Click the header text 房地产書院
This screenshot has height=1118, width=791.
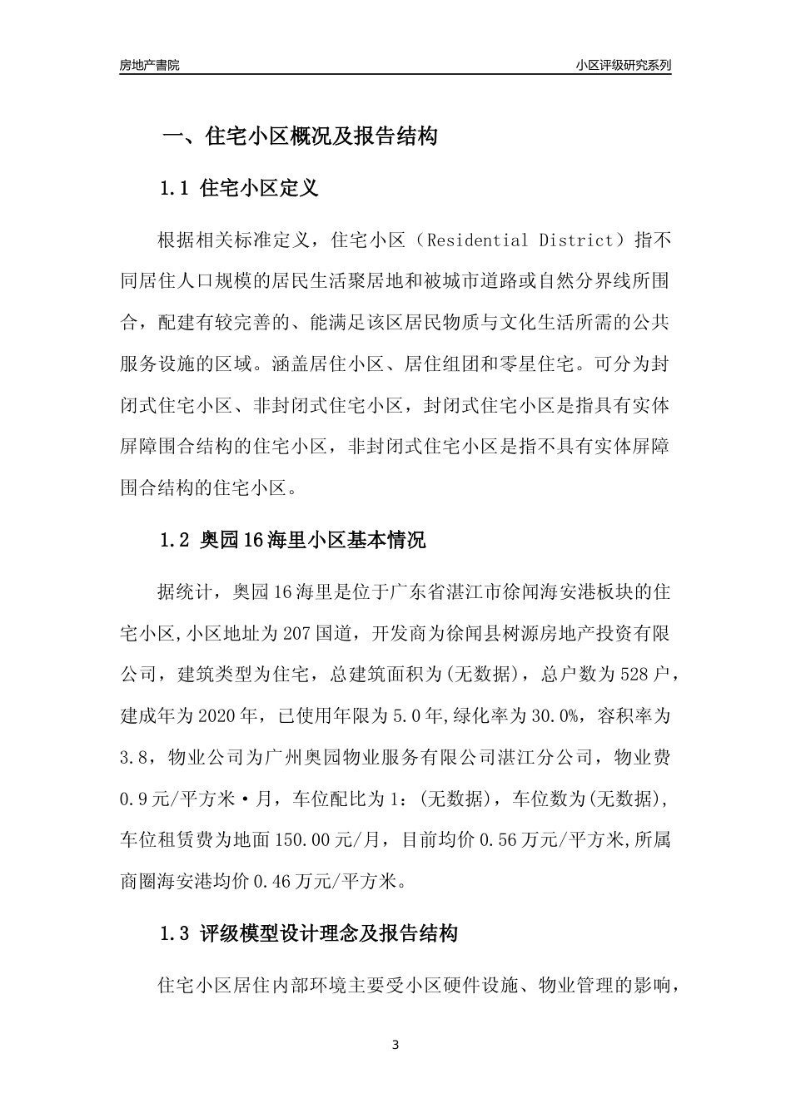(x=149, y=65)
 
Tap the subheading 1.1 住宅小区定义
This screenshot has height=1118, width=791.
(x=239, y=188)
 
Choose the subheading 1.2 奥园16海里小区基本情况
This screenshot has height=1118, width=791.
(x=292, y=540)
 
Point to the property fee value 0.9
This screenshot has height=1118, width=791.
(x=134, y=799)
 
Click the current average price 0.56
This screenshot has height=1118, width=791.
(x=498, y=839)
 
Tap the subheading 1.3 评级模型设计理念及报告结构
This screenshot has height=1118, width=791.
(x=308, y=933)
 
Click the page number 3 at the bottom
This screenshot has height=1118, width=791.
(x=395, y=1045)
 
